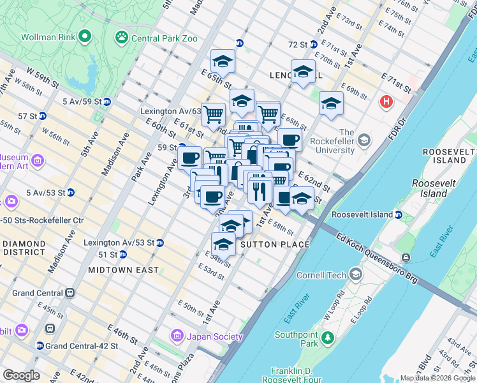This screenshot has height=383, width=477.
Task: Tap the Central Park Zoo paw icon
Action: click(x=121, y=38)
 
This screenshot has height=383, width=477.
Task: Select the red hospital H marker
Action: click(x=386, y=101)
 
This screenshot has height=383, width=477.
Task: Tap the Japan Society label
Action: click(x=214, y=336)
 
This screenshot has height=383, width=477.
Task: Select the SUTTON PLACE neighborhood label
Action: click(x=274, y=244)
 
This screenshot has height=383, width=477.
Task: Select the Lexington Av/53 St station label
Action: click(x=119, y=243)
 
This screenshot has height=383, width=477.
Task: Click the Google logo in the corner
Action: click(x=21, y=375)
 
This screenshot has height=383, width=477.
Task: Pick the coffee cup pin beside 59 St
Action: click(x=190, y=157)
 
